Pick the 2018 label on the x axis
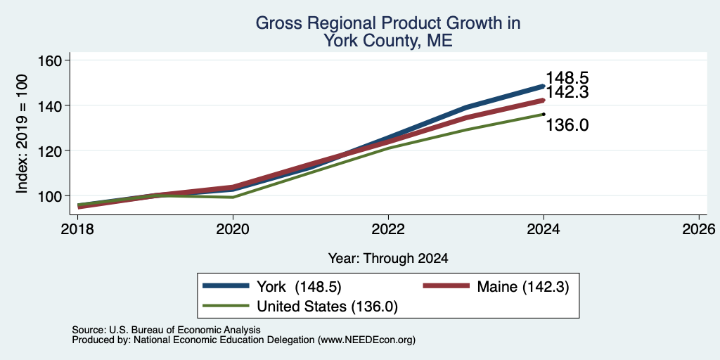click(77, 229)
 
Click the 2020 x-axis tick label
click(233, 229)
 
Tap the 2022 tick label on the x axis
click(388, 229)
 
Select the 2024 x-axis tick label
click(544, 229)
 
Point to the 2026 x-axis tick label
click(699, 229)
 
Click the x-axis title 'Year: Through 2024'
click(388, 259)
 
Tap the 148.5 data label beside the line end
click(567, 78)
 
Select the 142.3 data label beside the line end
click(567, 92)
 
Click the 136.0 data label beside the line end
click(567, 125)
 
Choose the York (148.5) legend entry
click(272, 287)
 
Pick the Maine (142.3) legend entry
click(496, 287)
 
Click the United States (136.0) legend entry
click(300, 307)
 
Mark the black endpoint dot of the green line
click(544, 114)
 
